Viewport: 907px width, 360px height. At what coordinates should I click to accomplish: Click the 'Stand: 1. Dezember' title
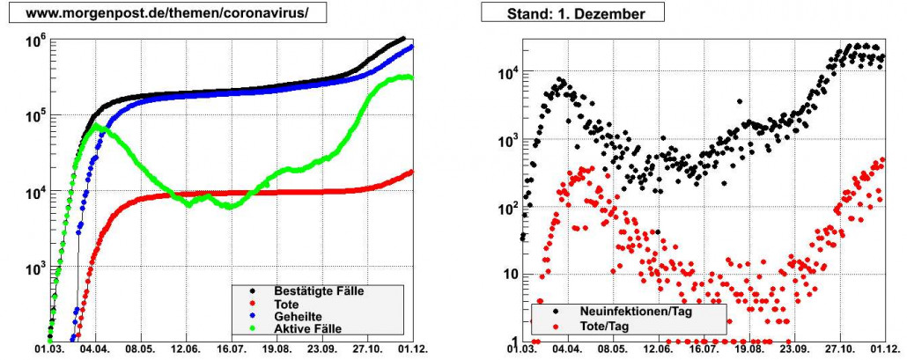571,15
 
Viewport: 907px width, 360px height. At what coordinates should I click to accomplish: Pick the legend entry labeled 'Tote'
287,304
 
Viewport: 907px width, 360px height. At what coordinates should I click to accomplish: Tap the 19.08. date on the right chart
750,349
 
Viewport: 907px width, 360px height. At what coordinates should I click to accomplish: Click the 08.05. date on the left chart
141,349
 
